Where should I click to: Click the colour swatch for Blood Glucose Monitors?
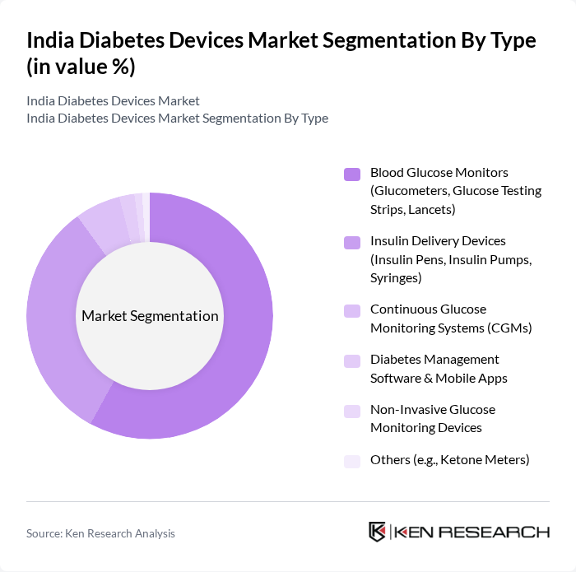click(x=352, y=174)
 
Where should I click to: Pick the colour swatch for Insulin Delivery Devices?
click(x=352, y=242)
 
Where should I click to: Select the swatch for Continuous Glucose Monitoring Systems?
click(x=352, y=310)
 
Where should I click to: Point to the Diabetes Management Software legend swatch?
click(x=352, y=360)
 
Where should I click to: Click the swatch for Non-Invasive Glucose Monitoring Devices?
click(x=352, y=411)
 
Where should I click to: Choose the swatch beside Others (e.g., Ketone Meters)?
click(x=352, y=461)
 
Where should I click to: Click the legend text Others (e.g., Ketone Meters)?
click(x=449, y=460)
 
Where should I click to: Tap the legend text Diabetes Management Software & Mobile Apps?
click(x=439, y=369)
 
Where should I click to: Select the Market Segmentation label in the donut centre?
click(x=150, y=316)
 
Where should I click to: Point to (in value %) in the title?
click(x=81, y=67)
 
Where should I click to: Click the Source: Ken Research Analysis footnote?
click(x=100, y=533)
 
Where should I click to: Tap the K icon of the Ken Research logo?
click(x=378, y=532)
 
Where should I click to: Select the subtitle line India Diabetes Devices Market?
click(x=113, y=101)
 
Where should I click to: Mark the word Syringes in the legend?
click(x=396, y=278)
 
